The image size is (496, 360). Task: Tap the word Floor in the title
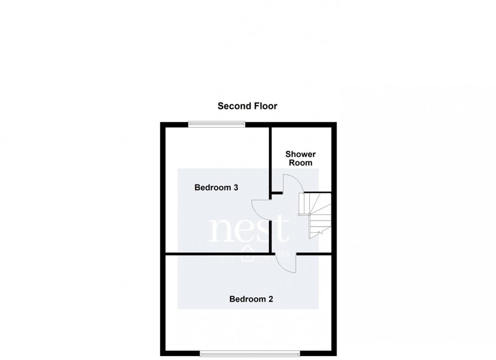pos(266,106)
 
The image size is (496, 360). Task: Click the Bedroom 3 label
pos(216,188)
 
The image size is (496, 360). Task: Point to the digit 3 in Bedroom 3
pos(236,188)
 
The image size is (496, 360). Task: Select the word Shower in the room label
pos(301,154)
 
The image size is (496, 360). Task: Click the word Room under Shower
pos(301,163)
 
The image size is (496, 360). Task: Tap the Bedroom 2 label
pos(251,299)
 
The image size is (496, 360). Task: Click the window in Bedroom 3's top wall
pos(217,123)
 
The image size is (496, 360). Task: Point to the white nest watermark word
pos(249,231)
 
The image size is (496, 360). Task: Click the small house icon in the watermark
pos(249,254)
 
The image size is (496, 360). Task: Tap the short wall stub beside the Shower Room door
pos(277,193)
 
